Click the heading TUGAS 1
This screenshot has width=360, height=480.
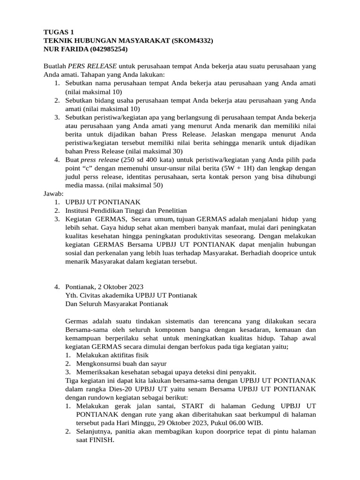coord(59,32)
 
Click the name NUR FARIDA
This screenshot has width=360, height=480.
coord(62,49)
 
